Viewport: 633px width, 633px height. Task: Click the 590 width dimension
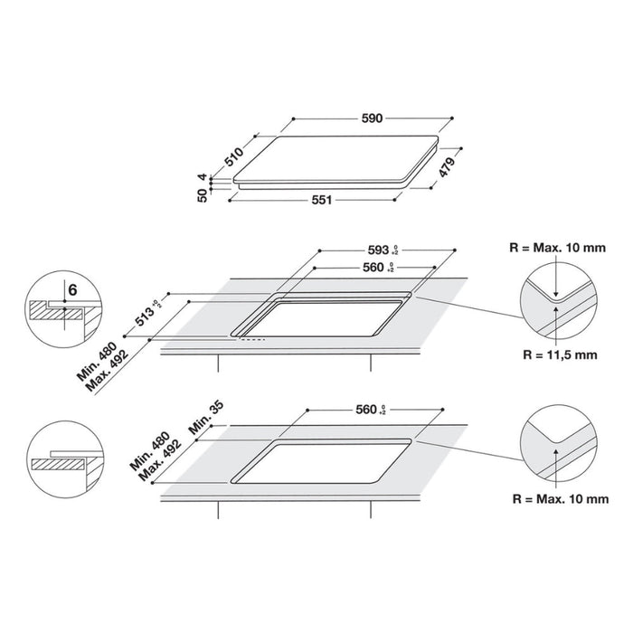click(x=374, y=118)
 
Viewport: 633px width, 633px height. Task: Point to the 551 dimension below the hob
click(x=321, y=200)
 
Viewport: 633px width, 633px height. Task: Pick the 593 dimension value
click(x=378, y=249)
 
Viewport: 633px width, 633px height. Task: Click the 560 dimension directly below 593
click(x=374, y=268)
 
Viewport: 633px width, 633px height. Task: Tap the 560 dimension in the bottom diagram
click(x=365, y=410)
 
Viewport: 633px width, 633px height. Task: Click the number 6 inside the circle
click(x=69, y=289)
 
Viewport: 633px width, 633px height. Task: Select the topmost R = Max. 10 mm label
click(x=555, y=244)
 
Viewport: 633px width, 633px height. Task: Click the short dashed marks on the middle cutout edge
click(x=253, y=341)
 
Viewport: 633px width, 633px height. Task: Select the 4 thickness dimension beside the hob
click(x=204, y=178)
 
